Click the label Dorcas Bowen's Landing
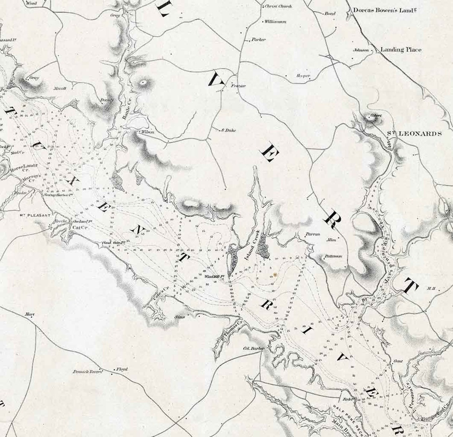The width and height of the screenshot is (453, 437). tap(389, 11)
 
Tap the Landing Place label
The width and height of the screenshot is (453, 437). tap(401, 50)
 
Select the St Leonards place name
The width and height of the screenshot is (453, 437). tap(414, 134)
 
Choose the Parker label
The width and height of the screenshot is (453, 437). tap(258, 40)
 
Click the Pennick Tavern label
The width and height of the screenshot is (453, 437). tap(88, 372)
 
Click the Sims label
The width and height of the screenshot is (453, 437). tap(180, 317)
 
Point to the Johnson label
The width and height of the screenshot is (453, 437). tap(361, 50)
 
